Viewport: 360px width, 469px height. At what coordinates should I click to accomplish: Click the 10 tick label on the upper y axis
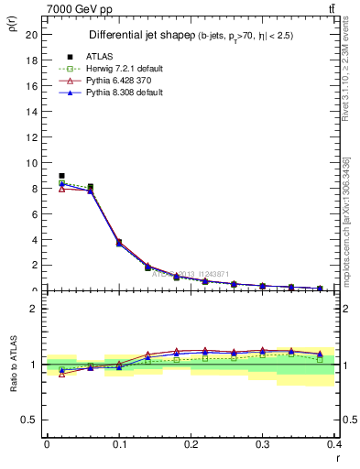[x=32, y=163]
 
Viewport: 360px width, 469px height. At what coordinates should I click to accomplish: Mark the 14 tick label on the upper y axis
[x=32, y=112]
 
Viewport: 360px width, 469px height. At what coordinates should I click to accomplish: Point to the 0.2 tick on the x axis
[x=191, y=443]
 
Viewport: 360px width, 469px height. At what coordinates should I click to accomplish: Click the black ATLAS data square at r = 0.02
[x=61, y=176]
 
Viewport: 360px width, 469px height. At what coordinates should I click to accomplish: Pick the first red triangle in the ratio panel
[x=61, y=374]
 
